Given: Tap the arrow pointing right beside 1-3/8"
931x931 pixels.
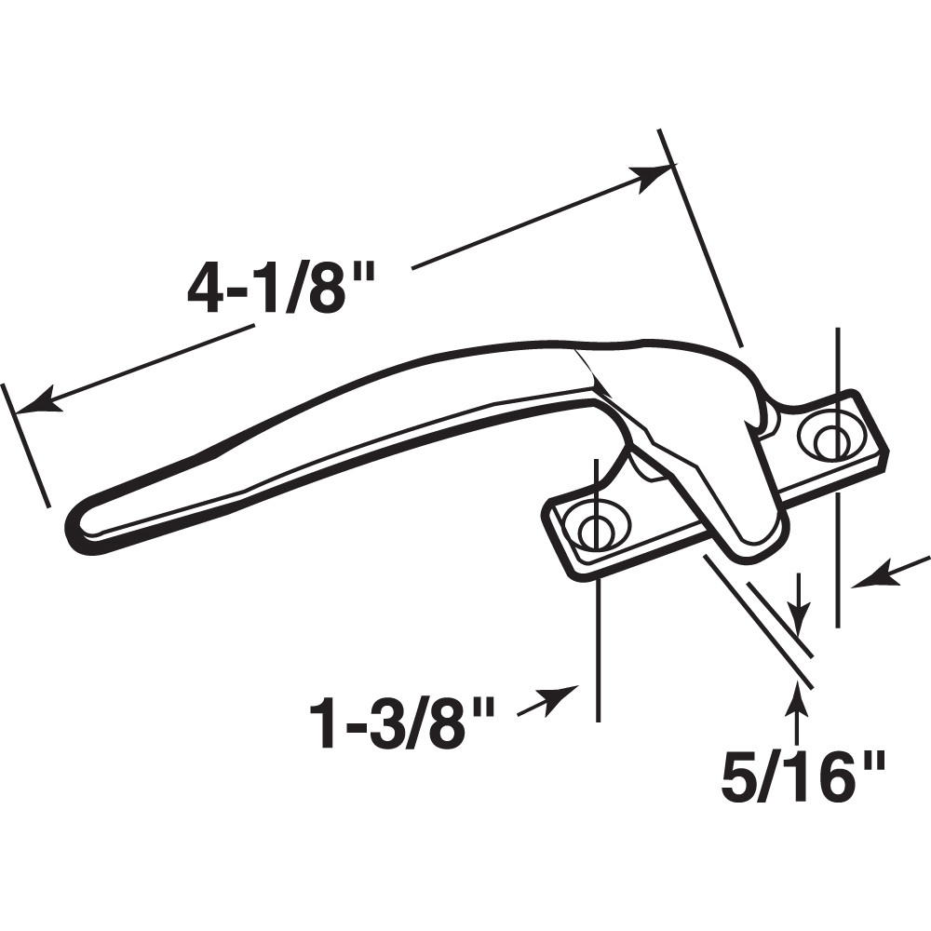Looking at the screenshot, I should [x=562, y=698].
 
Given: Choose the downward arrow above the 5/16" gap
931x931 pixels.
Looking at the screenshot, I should [x=799, y=615].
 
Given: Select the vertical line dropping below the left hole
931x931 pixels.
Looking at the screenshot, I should [x=597, y=652].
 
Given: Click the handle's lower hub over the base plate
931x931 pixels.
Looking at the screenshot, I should [x=735, y=521].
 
